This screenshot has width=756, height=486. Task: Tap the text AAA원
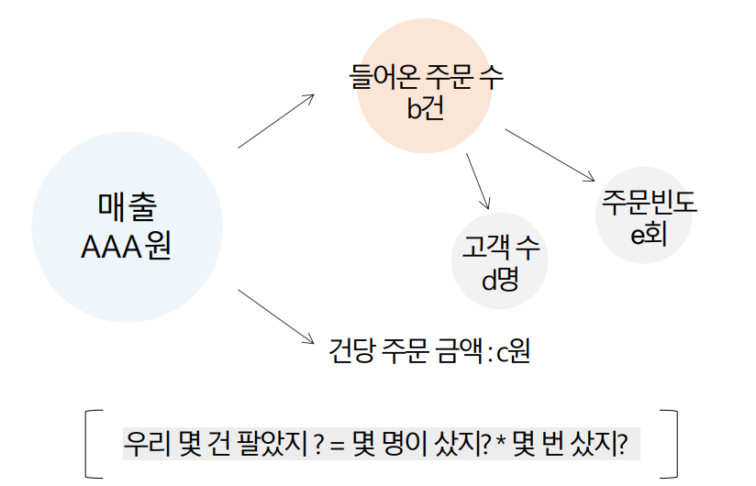point(127,248)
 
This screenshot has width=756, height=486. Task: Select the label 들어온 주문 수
point(427,76)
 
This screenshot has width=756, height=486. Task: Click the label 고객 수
point(500,247)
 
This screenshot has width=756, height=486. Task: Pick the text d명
point(500,279)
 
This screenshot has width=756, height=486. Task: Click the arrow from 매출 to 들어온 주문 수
point(275,120)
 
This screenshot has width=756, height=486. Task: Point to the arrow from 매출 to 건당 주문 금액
point(276,316)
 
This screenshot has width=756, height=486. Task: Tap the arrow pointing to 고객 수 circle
point(479,182)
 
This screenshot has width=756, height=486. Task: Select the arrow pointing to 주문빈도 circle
point(550,154)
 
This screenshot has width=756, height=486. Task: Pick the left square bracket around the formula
point(90,444)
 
